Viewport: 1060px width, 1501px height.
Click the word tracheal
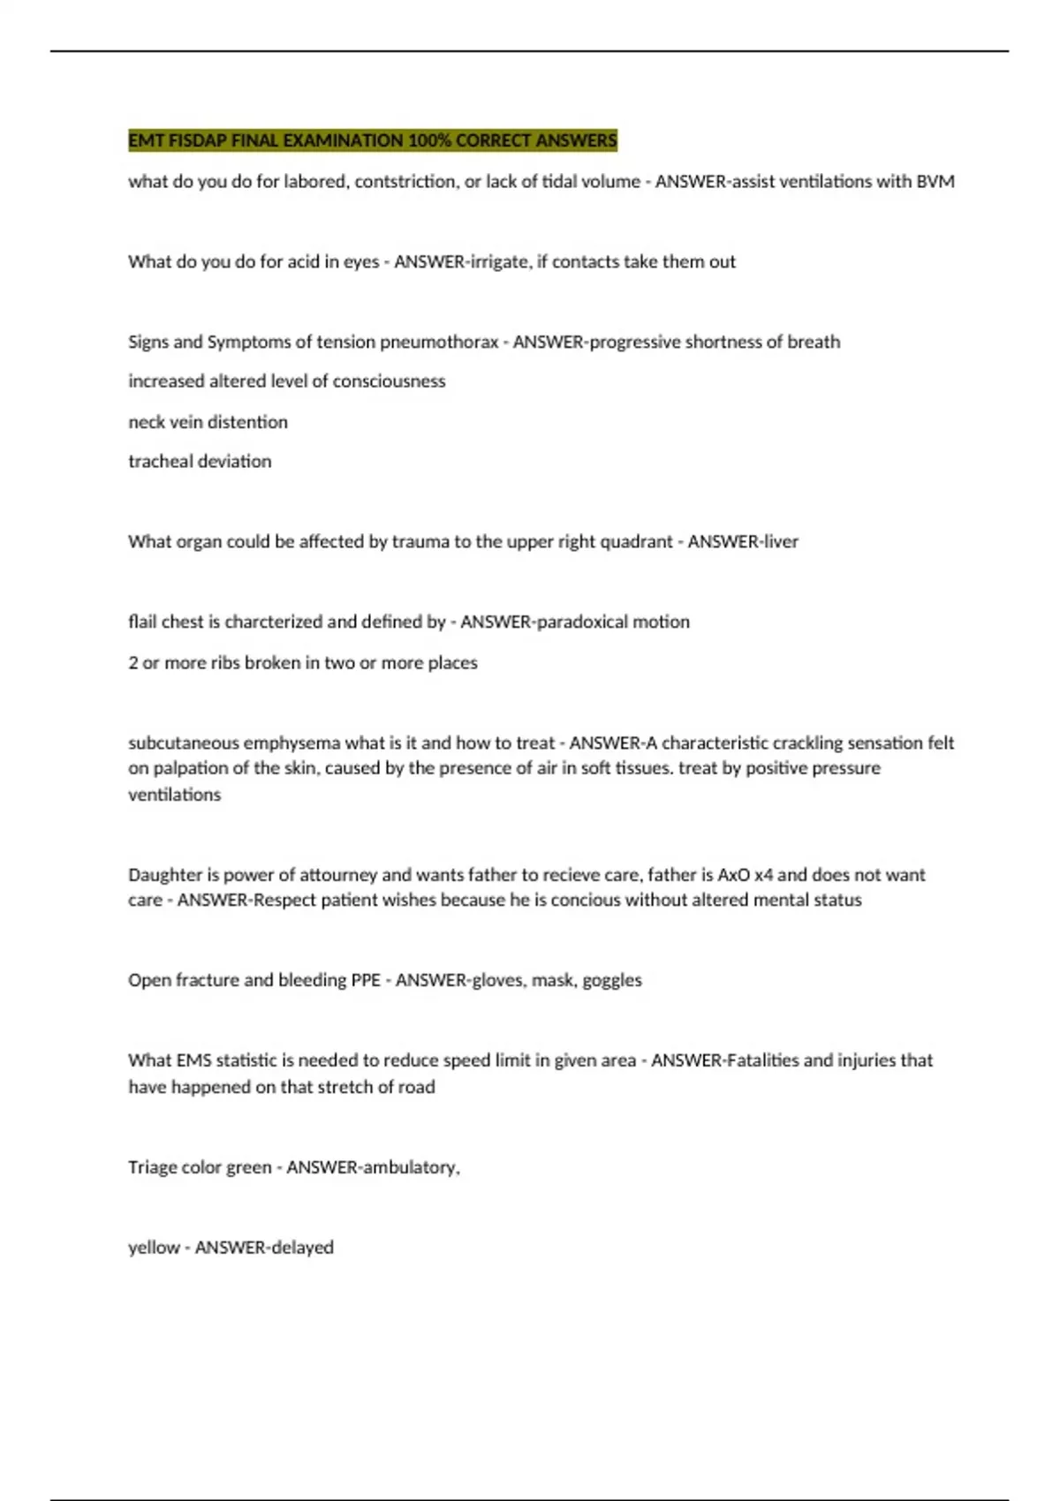(x=161, y=461)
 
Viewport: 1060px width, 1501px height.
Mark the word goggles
(x=612, y=980)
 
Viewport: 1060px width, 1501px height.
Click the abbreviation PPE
(x=366, y=980)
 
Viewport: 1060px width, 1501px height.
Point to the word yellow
(x=154, y=1248)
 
